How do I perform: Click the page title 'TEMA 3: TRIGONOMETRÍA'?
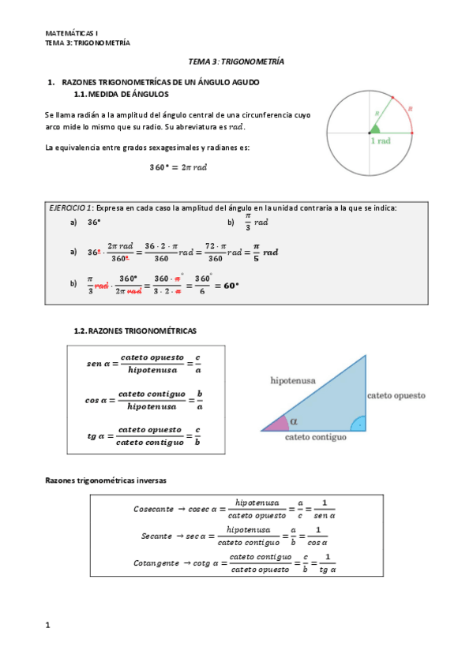[x=236, y=61]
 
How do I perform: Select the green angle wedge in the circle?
[x=375, y=129]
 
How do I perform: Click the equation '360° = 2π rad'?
[x=178, y=167]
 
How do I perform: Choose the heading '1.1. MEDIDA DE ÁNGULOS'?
[x=121, y=94]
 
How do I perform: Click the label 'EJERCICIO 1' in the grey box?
[x=71, y=207]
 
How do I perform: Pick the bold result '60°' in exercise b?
[x=231, y=285]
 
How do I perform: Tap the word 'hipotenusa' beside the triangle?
[x=293, y=380]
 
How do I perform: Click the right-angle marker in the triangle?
[x=359, y=424]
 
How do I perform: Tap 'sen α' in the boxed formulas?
[x=102, y=364]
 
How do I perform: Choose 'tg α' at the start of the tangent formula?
[x=98, y=435]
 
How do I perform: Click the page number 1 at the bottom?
[x=48, y=625]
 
